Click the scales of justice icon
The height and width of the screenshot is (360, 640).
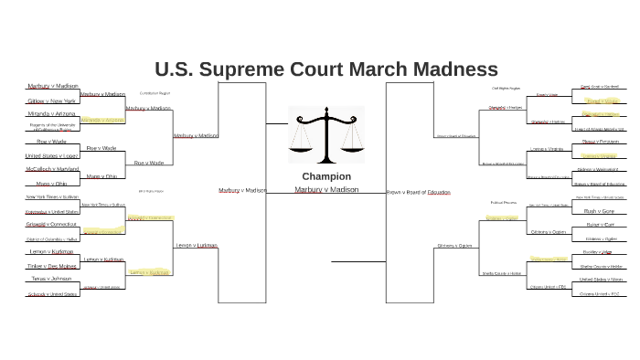(x=325, y=135)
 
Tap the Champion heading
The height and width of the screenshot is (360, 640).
(x=325, y=175)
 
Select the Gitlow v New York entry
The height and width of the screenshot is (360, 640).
(x=50, y=101)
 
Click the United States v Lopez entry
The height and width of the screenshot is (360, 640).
(x=51, y=155)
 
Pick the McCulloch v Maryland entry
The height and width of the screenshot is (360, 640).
(x=52, y=169)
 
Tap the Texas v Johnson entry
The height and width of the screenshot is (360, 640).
(x=50, y=279)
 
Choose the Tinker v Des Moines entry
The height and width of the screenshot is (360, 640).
(x=51, y=265)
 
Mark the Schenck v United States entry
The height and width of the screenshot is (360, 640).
(x=52, y=293)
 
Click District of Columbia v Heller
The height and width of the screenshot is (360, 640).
(x=52, y=238)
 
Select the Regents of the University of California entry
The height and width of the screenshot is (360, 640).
(x=51, y=127)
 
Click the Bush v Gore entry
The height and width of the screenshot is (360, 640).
(x=599, y=210)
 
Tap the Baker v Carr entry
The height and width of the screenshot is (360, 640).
(x=599, y=224)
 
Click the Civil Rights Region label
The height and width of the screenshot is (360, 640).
(x=506, y=89)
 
